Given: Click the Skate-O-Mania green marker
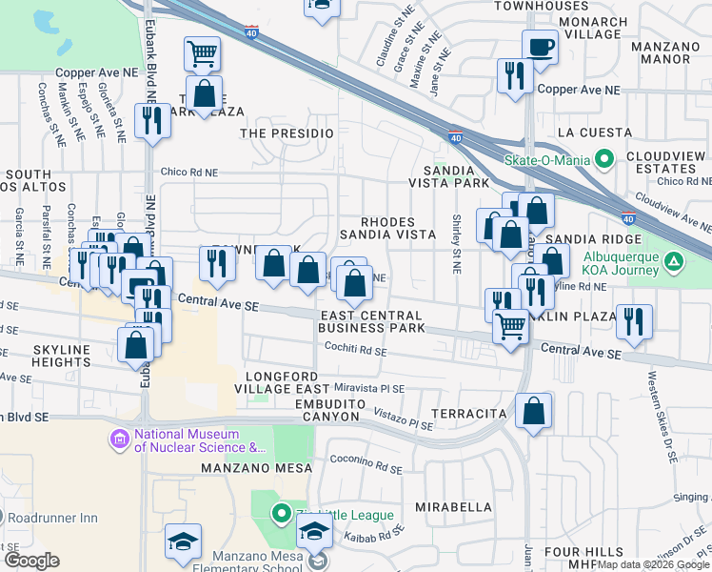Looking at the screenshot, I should click(x=603, y=158).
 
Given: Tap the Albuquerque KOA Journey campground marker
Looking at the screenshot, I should click(x=673, y=259).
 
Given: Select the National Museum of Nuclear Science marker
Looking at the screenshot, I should click(x=120, y=439).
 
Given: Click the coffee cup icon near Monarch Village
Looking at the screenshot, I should click(x=540, y=47).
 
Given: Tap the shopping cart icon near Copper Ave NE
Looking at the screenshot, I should click(x=202, y=54).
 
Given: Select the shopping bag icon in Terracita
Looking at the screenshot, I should click(x=535, y=412).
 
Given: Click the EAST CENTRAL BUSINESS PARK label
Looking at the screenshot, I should click(x=371, y=322).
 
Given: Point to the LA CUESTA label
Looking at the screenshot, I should click(x=595, y=132).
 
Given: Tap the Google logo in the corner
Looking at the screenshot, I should click(x=31, y=561).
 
